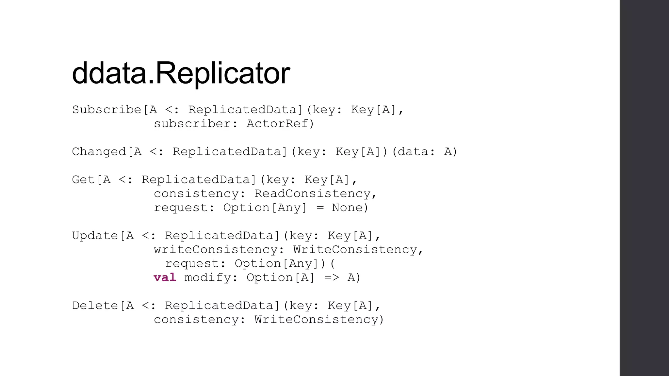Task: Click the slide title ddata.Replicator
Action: pos(181,73)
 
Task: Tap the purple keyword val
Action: pos(165,277)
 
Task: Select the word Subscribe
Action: pos(106,110)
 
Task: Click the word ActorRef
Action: pos(277,124)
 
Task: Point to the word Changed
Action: pos(99,152)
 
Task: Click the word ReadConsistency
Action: pos(312,194)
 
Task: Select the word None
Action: pos(347,208)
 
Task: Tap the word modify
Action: pos(208,278)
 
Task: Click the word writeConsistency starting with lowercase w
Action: pos(216,250)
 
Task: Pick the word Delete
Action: pos(95,305)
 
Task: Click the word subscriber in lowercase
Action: pos(192,124)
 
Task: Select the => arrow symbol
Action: pos(332,278)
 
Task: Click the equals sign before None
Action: pos(320,208)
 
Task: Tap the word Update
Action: pos(95,236)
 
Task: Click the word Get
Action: pos(83,180)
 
